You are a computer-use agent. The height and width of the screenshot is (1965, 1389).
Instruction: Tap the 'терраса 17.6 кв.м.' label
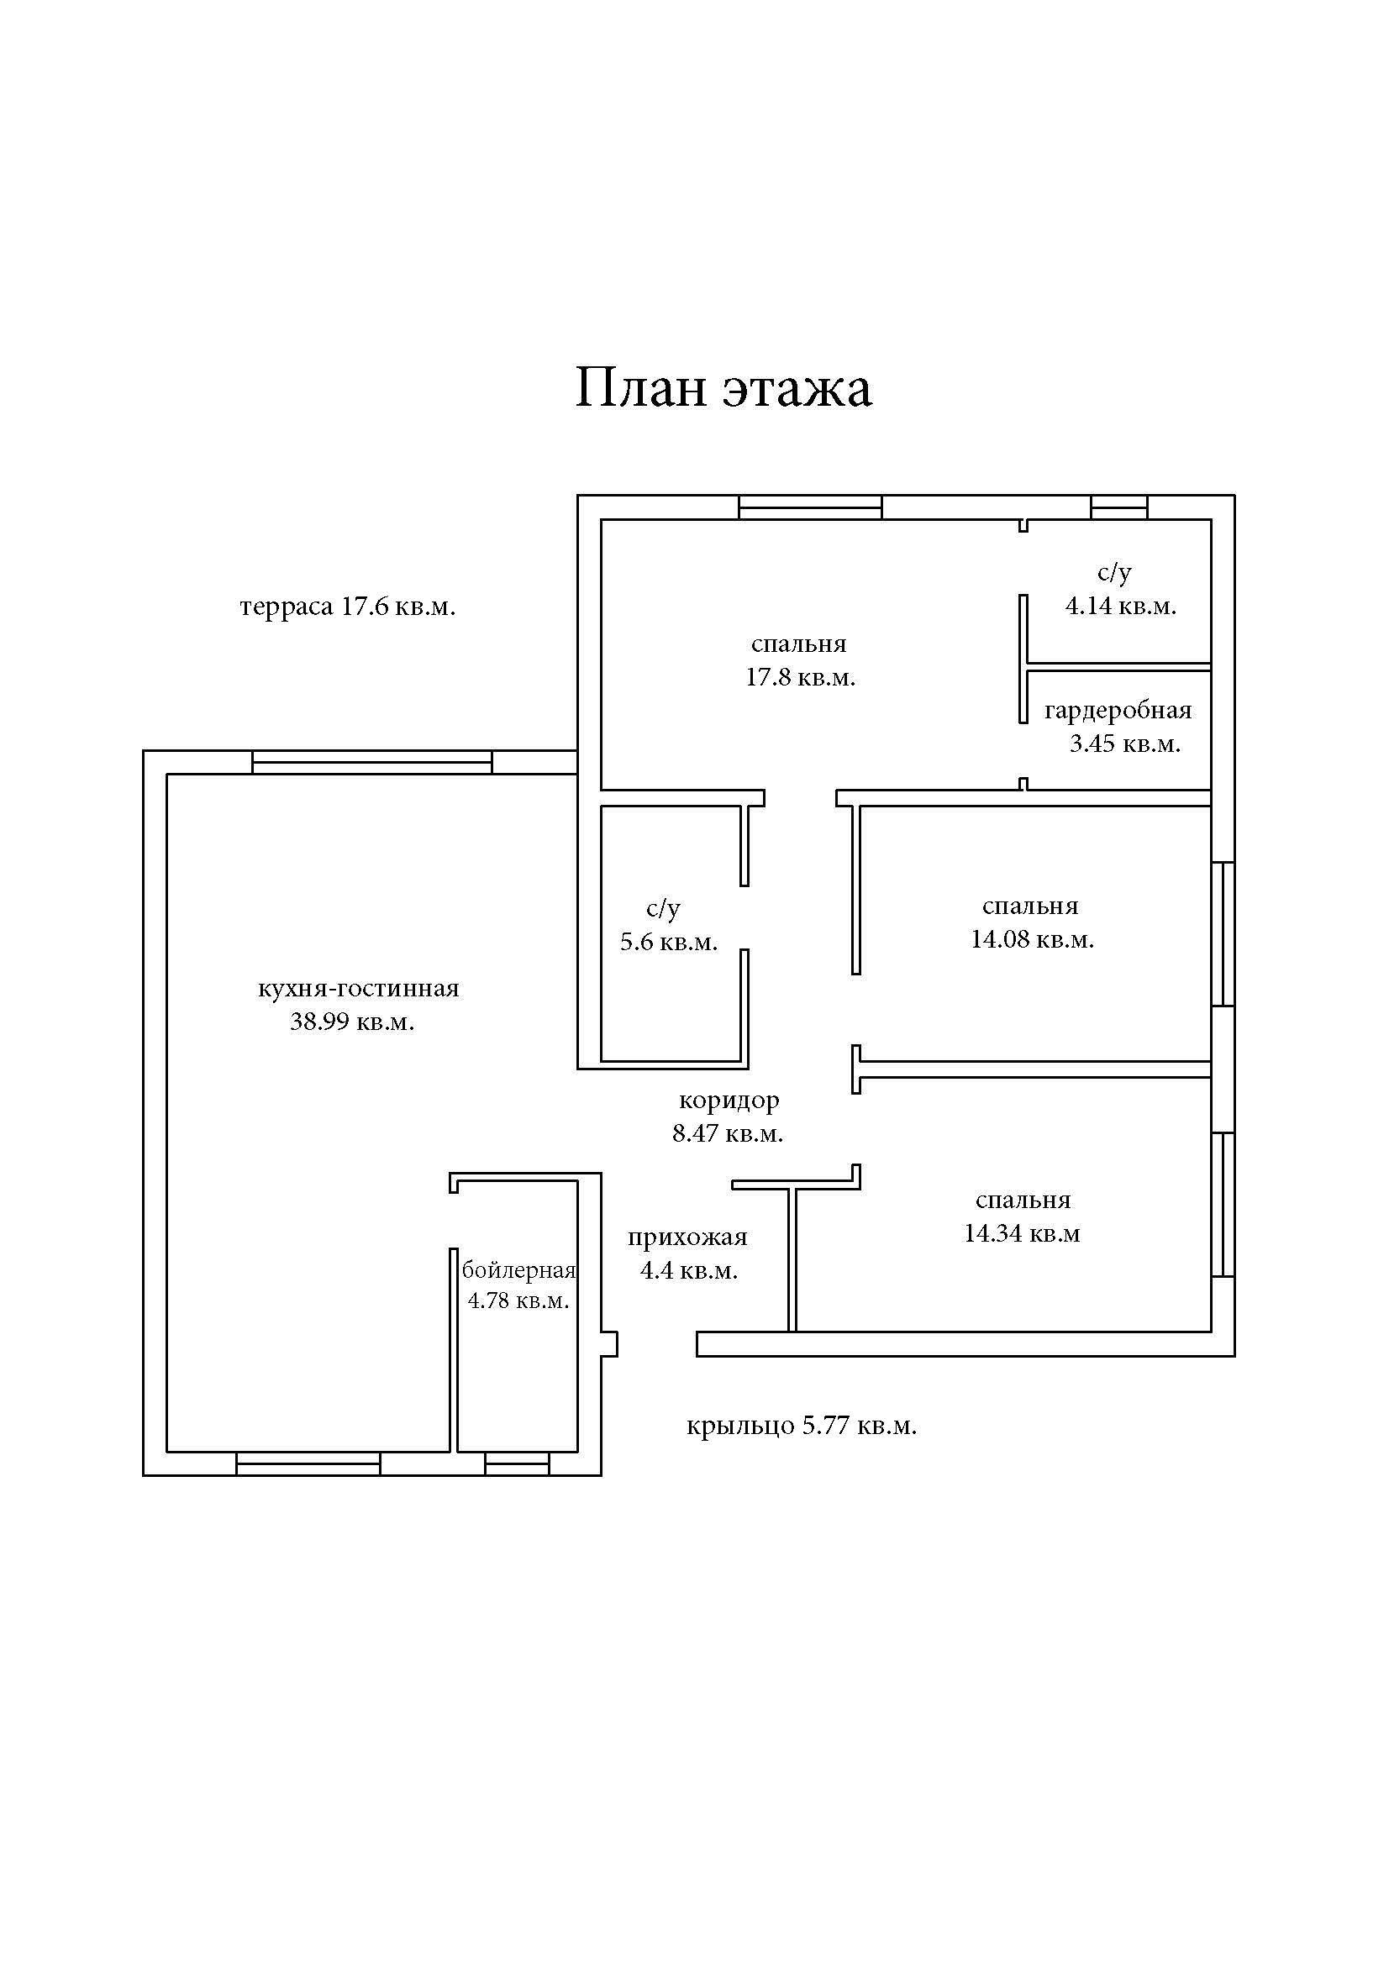(x=348, y=607)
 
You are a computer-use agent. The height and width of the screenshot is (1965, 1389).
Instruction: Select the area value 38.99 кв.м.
(x=352, y=1022)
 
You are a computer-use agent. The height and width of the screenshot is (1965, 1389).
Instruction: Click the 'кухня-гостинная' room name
(x=359, y=989)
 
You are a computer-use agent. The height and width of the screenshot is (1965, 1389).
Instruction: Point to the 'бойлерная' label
(x=518, y=1270)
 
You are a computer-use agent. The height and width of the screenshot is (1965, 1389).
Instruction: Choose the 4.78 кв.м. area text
(x=518, y=1300)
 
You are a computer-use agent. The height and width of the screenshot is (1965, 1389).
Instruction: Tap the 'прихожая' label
(x=687, y=1237)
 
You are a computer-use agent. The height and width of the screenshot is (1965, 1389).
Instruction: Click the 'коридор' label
(x=729, y=1100)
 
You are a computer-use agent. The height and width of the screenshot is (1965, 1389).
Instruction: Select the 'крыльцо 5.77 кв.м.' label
(x=801, y=1426)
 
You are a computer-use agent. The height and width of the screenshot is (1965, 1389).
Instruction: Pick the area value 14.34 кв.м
(x=1022, y=1233)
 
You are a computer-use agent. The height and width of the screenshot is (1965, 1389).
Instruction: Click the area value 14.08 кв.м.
(x=1032, y=940)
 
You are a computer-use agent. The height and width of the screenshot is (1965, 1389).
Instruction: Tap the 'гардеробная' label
(x=1118, y=711)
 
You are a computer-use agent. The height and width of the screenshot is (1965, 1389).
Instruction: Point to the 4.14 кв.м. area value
(x=1120, y=606)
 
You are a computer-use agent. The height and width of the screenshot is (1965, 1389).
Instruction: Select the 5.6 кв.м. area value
(x=668, y=943)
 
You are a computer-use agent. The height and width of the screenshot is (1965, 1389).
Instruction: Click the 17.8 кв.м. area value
(x=800, y=678)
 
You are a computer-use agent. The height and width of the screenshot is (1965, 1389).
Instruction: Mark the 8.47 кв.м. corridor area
(x=728, y=1134)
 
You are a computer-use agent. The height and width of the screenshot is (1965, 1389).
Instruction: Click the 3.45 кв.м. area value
(x=1124, y=743)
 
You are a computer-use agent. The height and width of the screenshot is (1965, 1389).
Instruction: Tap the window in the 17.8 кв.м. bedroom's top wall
(x=809, y=507)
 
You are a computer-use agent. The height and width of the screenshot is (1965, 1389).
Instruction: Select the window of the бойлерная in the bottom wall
(x=517, y=1463)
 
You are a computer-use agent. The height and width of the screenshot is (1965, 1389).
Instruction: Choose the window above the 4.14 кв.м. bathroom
(x=1118, y=507)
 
